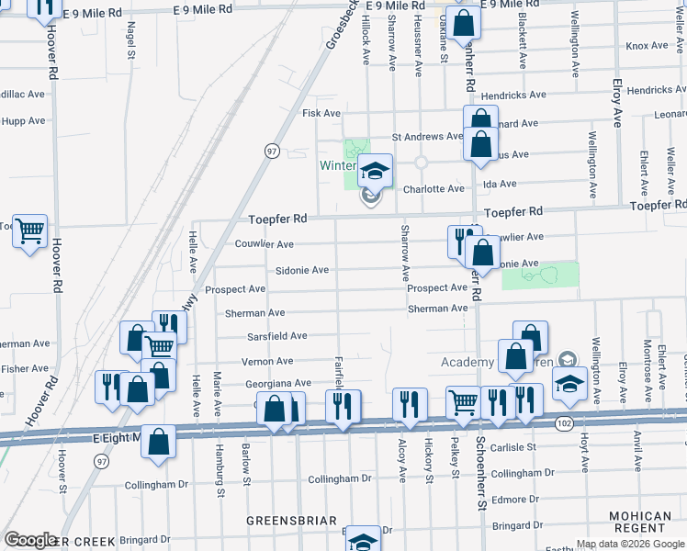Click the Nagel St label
point(131,42)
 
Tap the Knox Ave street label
point(647,46)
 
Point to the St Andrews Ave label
point(427,137)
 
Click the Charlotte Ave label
point(434,189)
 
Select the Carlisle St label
point(513,447)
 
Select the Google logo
point(31,540)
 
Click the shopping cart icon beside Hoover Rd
point(29,230)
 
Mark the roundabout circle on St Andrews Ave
point(422,163)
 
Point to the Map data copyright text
point(630,544)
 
